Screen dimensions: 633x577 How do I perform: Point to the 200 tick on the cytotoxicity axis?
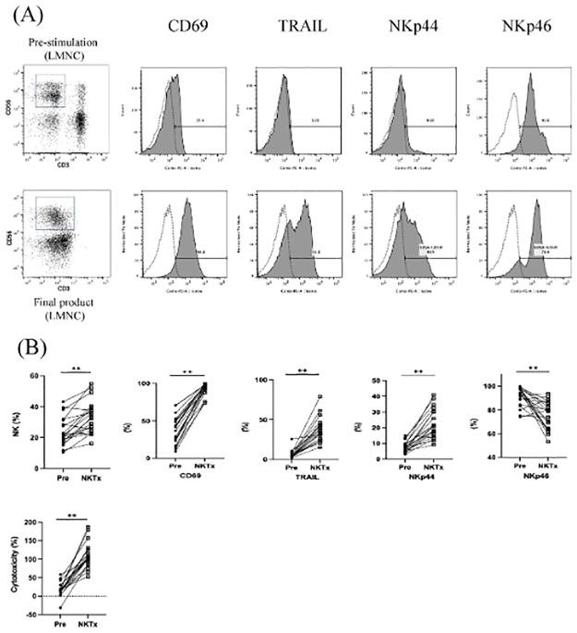pos(32,523)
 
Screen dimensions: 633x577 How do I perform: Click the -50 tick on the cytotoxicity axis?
pos(32,615)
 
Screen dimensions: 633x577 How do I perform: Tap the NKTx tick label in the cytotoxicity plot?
pos(90,626)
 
